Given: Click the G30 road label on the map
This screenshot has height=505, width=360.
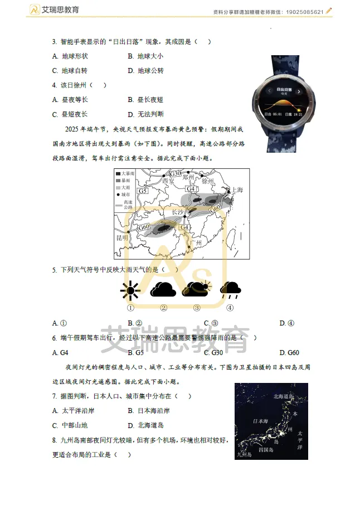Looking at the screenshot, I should point(176,174).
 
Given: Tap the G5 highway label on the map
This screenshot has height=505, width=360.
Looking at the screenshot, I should point(143,191).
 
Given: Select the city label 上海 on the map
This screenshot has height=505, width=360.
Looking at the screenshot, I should point(237,190).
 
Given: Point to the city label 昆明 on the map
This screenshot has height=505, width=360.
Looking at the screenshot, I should point(123,237).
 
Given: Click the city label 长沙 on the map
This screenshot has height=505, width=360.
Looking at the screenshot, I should point(177,212).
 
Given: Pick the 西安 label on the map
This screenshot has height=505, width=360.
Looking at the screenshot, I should point(168,181).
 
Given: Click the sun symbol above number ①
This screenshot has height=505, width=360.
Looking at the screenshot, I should point(130,290).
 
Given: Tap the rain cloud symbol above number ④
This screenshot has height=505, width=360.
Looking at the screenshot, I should point(230,289).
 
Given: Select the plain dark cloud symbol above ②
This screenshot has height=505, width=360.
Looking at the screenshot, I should point(163,290).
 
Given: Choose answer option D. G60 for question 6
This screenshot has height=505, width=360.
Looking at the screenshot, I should point(289,353).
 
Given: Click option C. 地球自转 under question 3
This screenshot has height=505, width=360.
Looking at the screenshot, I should point(70,71).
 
